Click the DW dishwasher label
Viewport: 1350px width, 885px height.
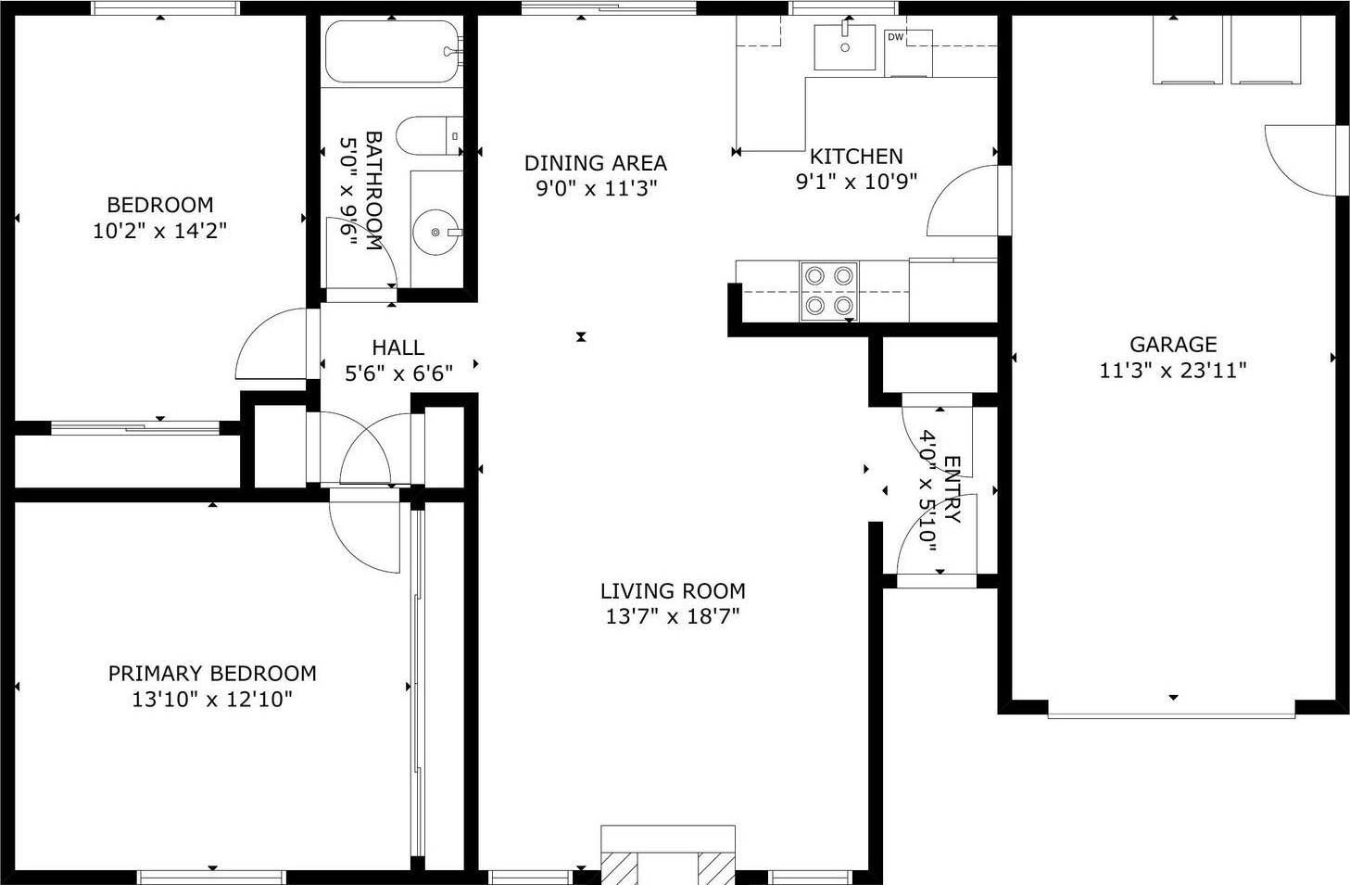pos(895,37)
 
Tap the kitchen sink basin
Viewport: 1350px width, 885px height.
pos(844,47)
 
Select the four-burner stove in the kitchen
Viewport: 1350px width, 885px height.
pos(828,291)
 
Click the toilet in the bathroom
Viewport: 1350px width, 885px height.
pos(429,135)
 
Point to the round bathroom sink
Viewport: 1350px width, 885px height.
pos(435,232)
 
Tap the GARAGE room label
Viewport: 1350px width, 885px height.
pos(1173,344)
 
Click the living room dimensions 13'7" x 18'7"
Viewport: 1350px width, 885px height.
pos(673,617)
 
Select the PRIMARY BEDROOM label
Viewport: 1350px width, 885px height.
pos(212,674)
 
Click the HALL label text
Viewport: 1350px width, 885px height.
pos(397,348)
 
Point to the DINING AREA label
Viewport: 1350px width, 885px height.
pos(596,163)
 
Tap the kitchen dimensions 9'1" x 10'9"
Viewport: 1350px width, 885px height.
pos(856,181)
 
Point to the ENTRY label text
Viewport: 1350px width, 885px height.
pos(953,489)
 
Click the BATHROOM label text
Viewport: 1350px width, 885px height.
pos(373,191)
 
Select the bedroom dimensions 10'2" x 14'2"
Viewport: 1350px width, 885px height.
pos(159,231)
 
